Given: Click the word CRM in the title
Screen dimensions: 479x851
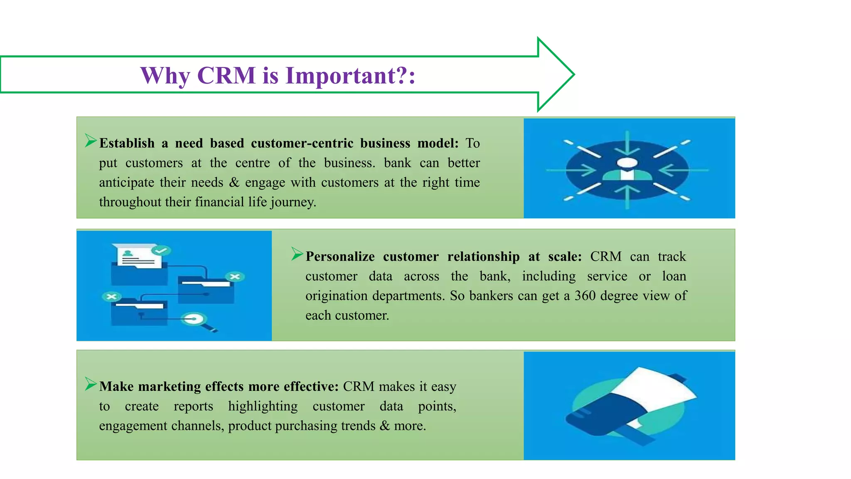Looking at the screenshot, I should [x=226, y=76].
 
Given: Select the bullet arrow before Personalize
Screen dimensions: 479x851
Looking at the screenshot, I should [x=297, y=254].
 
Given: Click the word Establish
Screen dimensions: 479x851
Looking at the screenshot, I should [x=127, y=143].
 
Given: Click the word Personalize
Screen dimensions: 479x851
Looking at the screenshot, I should [x=340, y=257].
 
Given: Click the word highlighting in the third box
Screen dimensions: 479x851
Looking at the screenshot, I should [x=263, y=406].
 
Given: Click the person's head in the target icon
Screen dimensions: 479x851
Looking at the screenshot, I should [x=627, y=163].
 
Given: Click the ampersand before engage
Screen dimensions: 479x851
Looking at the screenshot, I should [x=234, y=183].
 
